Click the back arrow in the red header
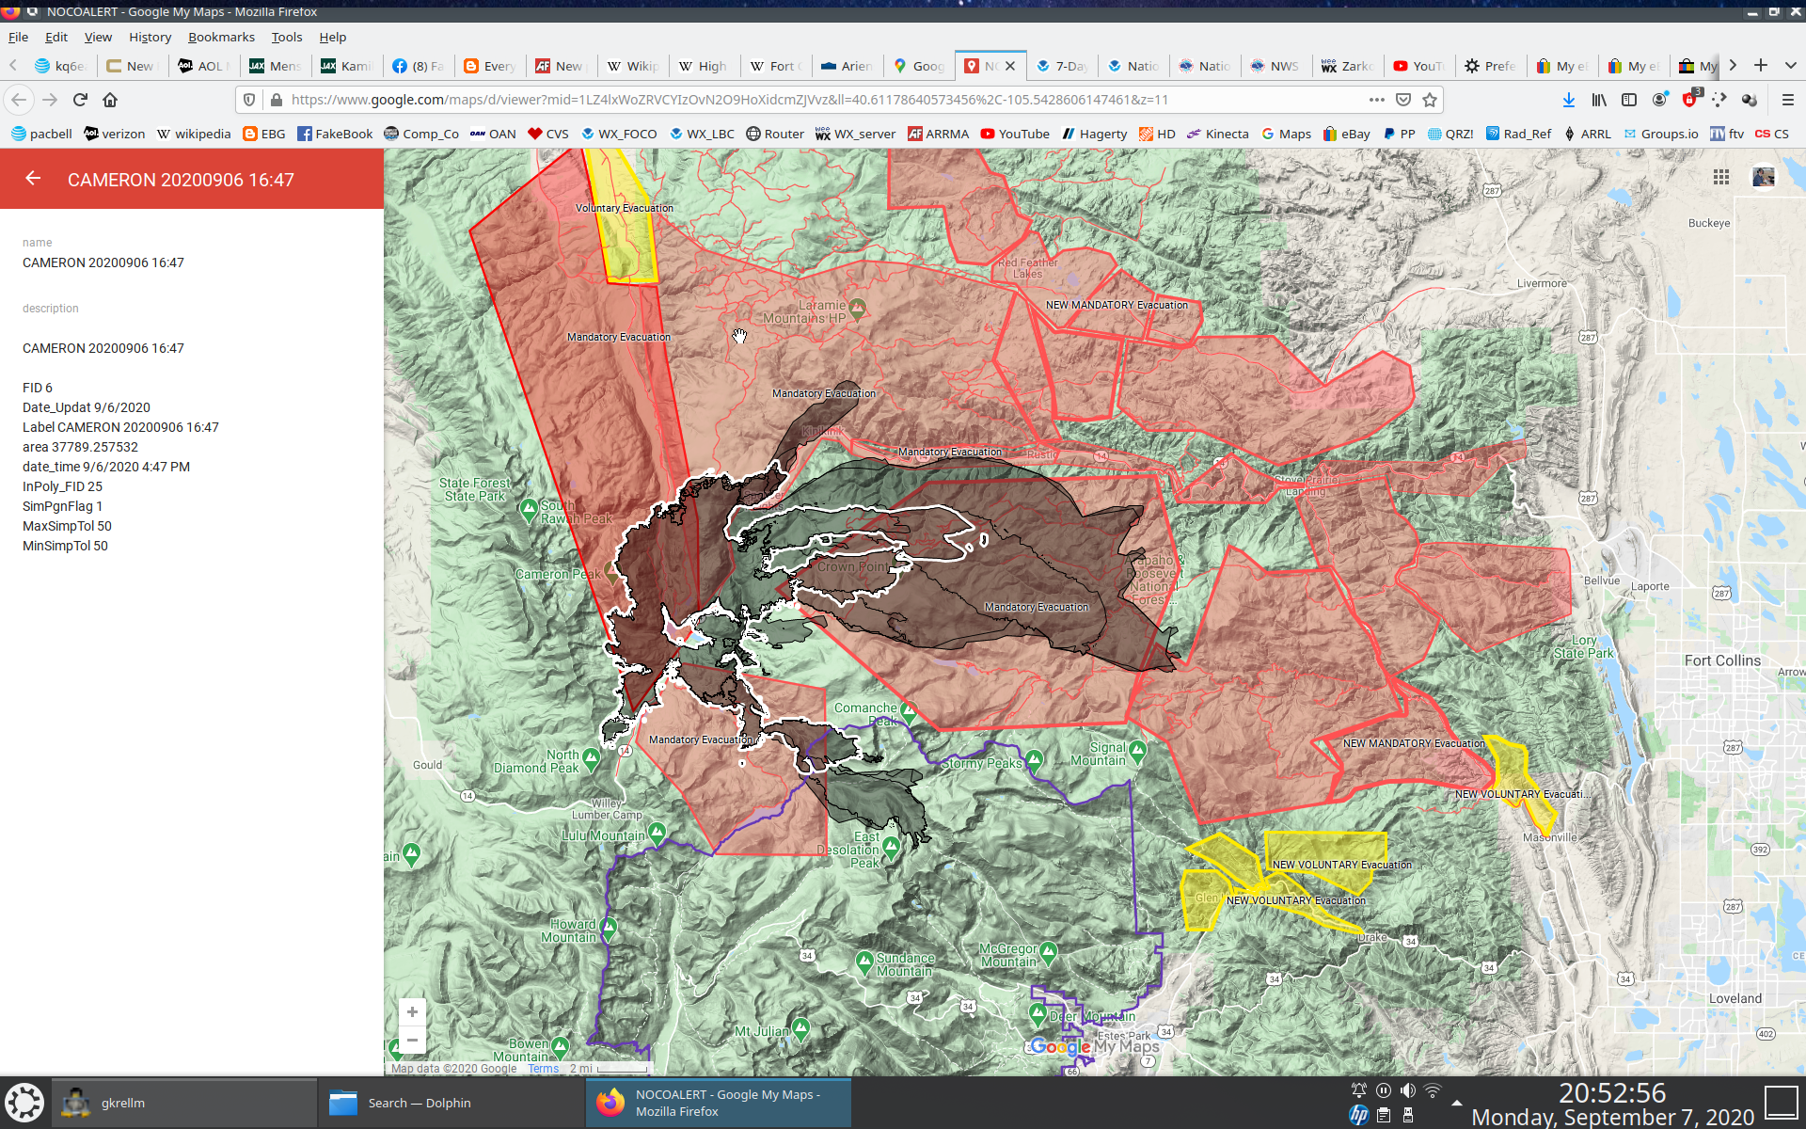pyautogui.click(x=33, y=179)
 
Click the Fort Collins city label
pyautogui.click(x=1721, y=660)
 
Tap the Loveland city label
pyautogui.click(x=1735, y=998)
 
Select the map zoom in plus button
pyautogui.click(x=412, y=1012)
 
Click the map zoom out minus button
pyautogui.click(x=412, y=1040)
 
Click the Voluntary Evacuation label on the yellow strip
pyautogui.click(x=624, y=208)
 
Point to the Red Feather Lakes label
pyautogui.click(x=1027, y=268)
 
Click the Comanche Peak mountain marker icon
pyautogui.click(x=908, y=709)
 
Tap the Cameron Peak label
pyautogui.click(x=557, y=574)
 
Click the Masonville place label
pyautogui.click(x=1549, y=837)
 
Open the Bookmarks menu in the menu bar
pyautogui.click(x=221, y=37)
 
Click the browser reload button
pyautogui.click(x=80, y=100)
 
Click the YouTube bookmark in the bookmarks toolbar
pyautogui.click(x=1015, y=134)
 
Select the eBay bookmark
pyautogui.click(x=1346, y=134)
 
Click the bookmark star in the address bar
pyautogui.click(x=1430, y=100)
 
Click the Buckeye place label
pyautogui.click(x=1708, y=223)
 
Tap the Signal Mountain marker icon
pyautogui.click(x=1137, y=750)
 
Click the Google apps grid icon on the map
pyautogui.click(x=1720, y=177)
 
